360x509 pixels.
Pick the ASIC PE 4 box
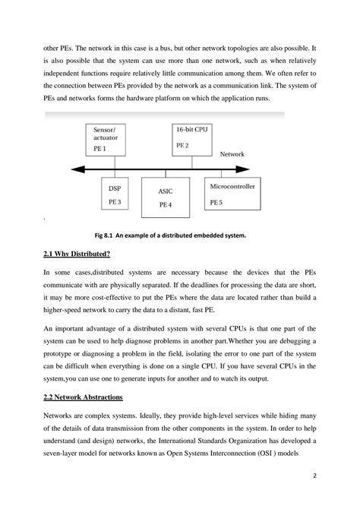[x=168, y=198]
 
